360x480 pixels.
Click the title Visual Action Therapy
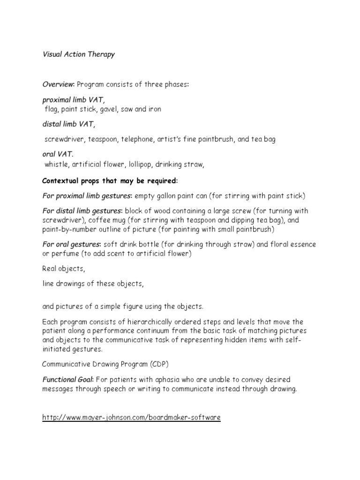click(78, 54)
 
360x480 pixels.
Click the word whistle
click(56, 165)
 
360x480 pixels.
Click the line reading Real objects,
click(64, 269)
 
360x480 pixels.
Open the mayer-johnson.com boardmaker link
click(131, 417)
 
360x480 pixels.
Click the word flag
click(50, 109)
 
